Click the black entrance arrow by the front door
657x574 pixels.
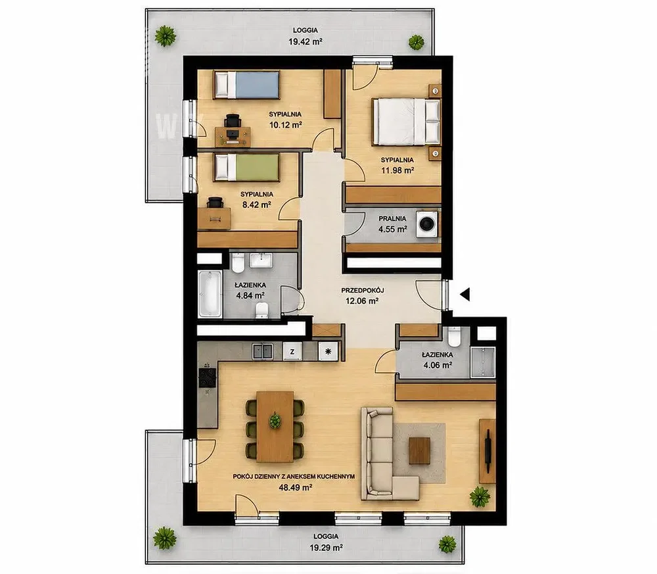tap(465, 295)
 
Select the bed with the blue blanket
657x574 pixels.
tap(246, 85)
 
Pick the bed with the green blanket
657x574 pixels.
tap(246, 167)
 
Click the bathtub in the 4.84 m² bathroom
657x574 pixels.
tap(210, 294)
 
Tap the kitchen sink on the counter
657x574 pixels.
tap(262, 351)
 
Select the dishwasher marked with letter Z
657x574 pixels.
tap(292, 352)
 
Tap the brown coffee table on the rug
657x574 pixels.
tap(419, 450)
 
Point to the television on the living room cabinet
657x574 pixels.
tap(487, 451)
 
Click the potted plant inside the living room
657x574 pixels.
tap(480, 497)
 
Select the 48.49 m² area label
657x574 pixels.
tap(296, 487)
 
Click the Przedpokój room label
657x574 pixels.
tap(363, 290)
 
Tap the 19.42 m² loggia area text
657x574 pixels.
tap(306, 41)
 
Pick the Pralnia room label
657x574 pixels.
tap(392, 218)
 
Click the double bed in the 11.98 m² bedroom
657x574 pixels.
tap(407, 122)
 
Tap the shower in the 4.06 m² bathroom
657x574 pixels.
tap(483, 362)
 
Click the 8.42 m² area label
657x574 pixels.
tap(256, 204)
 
